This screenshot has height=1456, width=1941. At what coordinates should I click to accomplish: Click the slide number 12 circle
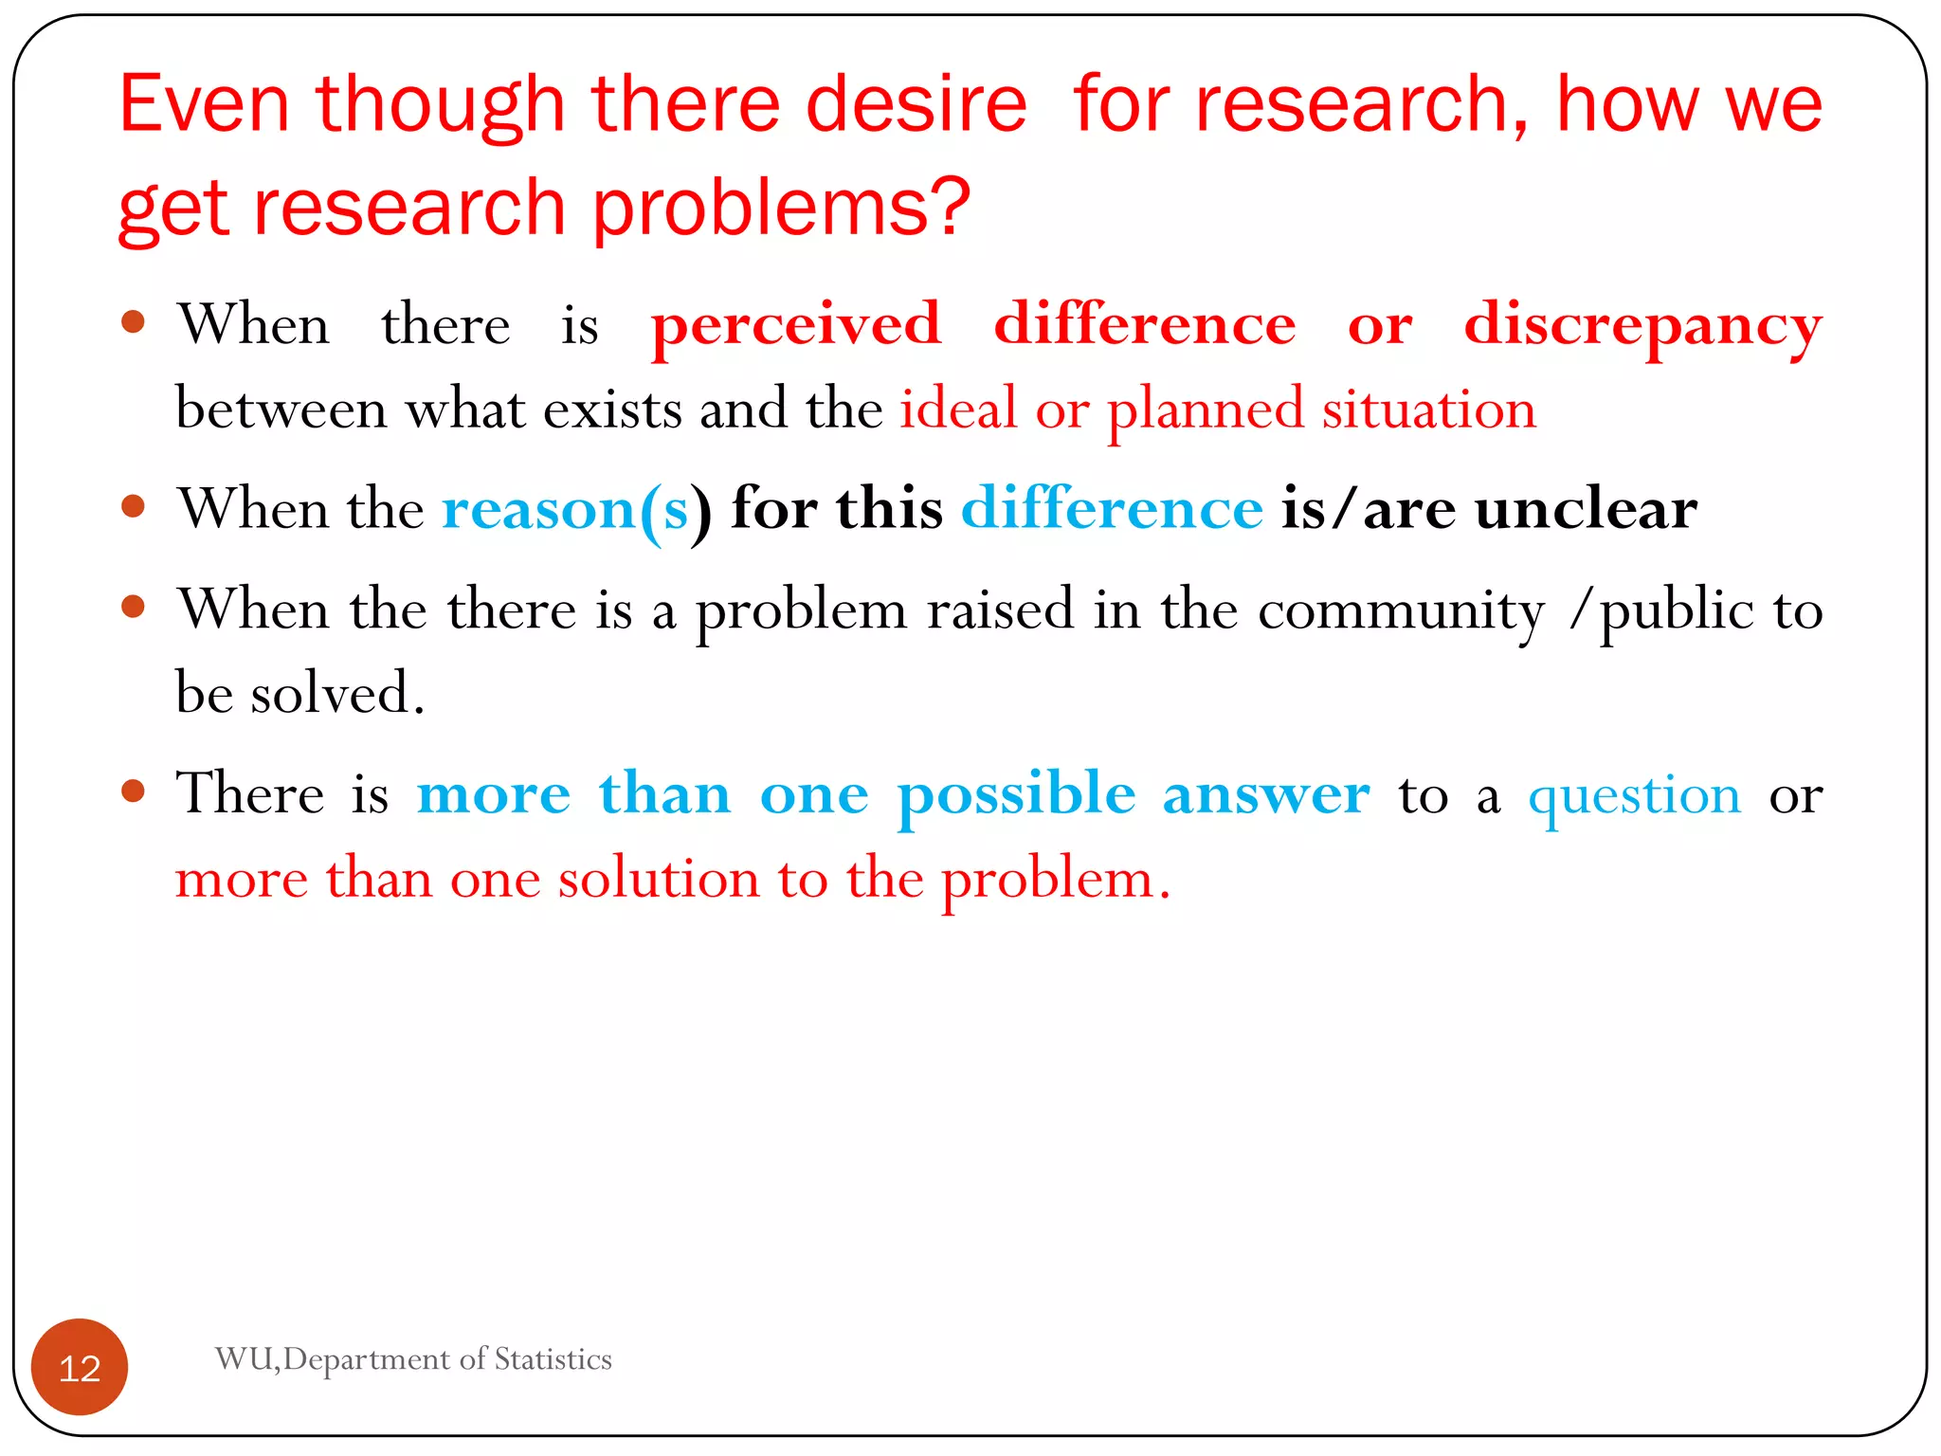coord(80,1367)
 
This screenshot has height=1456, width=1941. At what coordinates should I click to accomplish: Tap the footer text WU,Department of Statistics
coord(413,1359)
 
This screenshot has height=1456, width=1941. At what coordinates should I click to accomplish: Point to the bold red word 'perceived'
coord(796,325)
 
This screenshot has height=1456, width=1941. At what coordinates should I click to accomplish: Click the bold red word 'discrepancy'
coord(1642,325)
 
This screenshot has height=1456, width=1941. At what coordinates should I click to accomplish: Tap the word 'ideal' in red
coord(958,409)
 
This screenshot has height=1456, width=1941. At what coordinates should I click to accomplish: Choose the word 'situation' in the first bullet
coord(1429,409)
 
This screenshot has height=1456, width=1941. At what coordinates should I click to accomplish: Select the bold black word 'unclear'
coord(1586,510)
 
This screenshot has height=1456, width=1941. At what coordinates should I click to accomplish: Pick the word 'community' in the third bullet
coord(1402,610)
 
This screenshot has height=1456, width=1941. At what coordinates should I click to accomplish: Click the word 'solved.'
coord(337,693)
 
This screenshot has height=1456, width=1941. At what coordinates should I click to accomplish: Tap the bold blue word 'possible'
coord(1016,794)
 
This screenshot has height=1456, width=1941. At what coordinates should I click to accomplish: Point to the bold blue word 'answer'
coord(1266,794)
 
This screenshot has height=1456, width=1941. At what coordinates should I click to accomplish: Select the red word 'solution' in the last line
coord(659,879)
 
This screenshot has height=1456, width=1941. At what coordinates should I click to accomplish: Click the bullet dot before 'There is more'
coord(134,791)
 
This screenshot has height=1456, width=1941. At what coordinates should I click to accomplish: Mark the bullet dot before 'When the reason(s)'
coord(134,506)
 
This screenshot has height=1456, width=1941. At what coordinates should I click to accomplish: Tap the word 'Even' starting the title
coord(204,103)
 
